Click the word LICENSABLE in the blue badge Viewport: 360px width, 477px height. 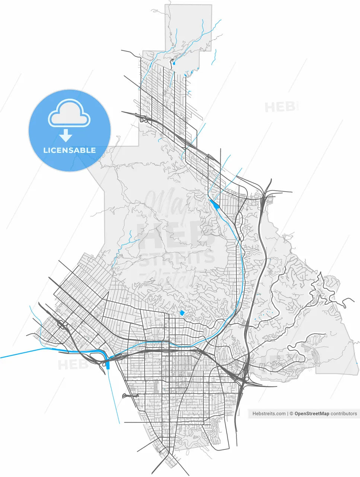[x=70, y=151]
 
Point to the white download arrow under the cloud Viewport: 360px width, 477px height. [x=66, y=135]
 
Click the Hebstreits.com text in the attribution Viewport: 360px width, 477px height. [x=269, y=414]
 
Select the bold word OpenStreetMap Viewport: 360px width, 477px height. [x=312, y=414]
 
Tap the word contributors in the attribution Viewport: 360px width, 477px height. [x=344, y=414]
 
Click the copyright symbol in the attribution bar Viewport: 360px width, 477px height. [x=291, y=414]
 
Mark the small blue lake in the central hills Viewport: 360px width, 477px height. [x=182, y=313]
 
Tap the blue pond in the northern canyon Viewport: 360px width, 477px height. [x=173, y=64]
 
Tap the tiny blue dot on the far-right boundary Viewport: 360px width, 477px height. [x=357, y=362]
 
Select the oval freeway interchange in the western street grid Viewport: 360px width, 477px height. [x=62, y=327]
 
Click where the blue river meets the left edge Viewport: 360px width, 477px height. [x=1, y=358]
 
